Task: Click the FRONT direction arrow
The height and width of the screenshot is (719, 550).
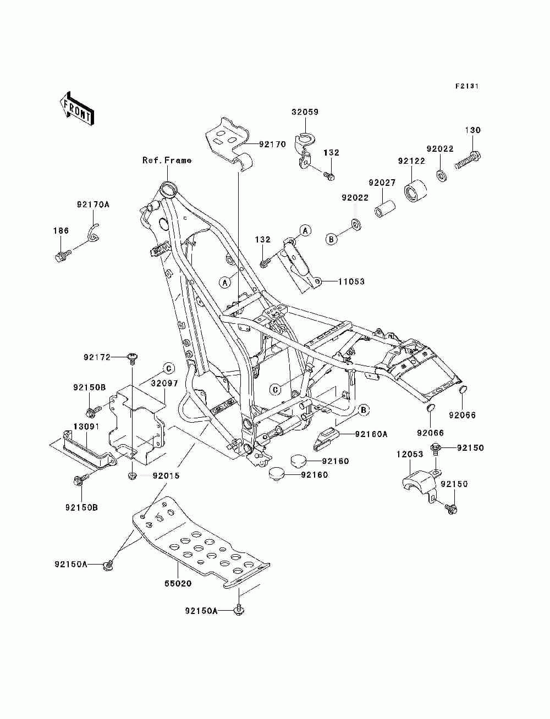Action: (77, 108)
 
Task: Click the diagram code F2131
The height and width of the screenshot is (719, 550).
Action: (466, 86)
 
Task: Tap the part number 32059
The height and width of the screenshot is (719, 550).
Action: (305, 112)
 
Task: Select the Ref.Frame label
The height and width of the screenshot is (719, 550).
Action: (167, 161)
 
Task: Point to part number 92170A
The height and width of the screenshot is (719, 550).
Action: (93, 204)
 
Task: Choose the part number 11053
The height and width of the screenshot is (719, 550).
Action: (351, 281)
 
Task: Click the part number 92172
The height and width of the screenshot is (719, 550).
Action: (97, 357)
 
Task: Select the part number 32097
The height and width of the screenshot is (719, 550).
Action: (164, 383)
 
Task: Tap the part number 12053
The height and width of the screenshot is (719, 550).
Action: (410, 455)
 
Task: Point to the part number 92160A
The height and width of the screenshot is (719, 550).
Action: (371, 434)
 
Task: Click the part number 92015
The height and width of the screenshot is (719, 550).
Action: (166, 475)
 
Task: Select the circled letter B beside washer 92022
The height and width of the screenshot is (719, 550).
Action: (331, 239)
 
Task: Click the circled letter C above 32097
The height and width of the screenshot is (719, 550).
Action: (169, 368)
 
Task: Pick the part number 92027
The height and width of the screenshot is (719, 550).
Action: (382, 182)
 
